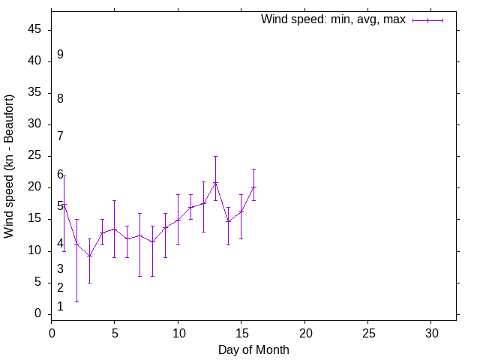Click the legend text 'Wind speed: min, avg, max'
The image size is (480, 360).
coord(333,19)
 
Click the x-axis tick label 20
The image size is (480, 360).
coord(304,332)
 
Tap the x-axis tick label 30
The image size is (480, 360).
coord(431,332)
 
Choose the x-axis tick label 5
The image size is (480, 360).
coord(114,332)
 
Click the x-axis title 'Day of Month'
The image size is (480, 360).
coord(253,349)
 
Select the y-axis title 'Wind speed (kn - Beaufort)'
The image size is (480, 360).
coord(9,166)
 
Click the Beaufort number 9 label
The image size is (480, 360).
coord(60,55)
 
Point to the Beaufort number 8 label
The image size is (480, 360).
coord(60,99)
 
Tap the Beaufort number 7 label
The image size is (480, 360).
coord(60,136)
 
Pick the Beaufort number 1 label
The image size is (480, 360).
coord(60,307)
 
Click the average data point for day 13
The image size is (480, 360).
coord(215,182)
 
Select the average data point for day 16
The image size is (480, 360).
coord(253,187)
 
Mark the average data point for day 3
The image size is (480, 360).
coord(89,256)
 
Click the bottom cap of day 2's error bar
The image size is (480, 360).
coord(76,301)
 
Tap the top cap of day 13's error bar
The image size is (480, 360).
coord(215,156)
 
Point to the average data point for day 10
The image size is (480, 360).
coord(178,220)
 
